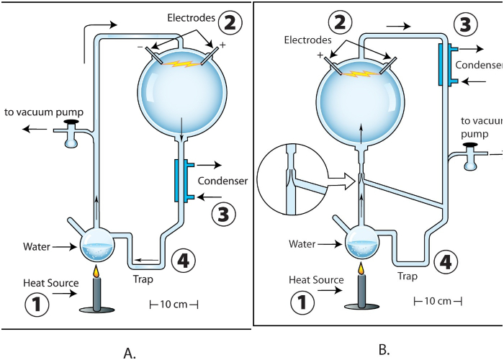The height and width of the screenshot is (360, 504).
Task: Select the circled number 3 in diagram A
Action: point(224,214)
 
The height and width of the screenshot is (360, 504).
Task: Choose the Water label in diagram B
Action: point(302,244)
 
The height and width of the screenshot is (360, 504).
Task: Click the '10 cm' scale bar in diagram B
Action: point(437,300)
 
